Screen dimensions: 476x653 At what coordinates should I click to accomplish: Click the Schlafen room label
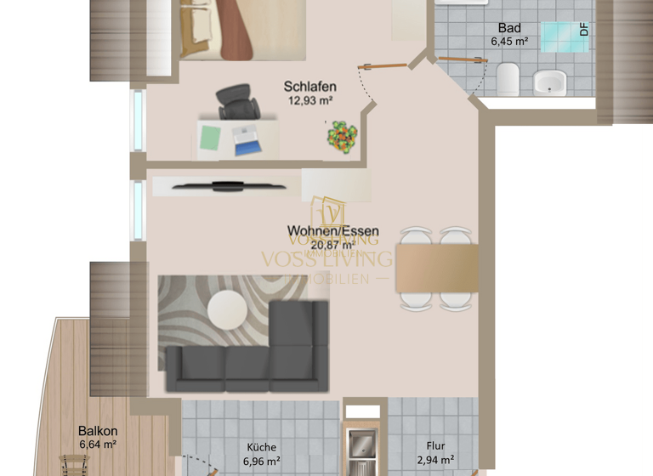tap(309, 87)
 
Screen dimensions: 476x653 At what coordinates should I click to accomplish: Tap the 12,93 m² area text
tap(309, 100)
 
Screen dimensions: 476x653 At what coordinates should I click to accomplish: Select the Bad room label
tap(509, 27)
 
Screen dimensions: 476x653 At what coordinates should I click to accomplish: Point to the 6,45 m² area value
tap(509, 40)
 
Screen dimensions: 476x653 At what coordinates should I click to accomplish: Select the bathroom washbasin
tap(550, 82)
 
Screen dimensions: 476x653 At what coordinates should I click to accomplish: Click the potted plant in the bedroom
tap(342, 137)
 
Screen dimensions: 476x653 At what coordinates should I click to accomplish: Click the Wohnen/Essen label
tap(332, 231)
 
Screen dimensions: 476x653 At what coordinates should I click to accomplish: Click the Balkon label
tap(98, 431)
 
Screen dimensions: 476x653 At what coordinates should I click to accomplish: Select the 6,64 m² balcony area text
tap(98, 444)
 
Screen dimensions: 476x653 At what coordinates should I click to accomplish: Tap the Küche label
tap(262, 447)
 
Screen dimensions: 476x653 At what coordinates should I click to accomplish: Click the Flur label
tap(436, 447)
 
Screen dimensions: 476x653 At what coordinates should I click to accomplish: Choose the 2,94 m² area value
tap(436, 462)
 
